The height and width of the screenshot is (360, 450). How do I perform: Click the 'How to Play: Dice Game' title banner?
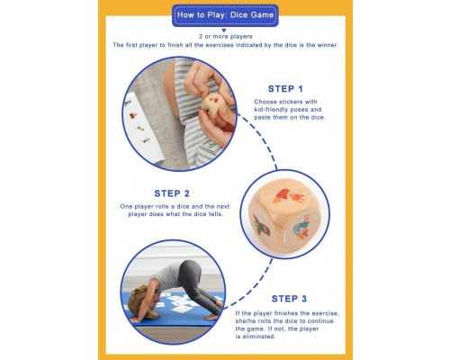(x=225, y=15)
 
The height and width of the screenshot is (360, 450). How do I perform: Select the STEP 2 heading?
(x=172, y=193)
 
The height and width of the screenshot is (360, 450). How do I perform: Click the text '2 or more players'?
(x=225, y=35)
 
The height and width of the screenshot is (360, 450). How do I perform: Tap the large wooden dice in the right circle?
(x=284, y=214)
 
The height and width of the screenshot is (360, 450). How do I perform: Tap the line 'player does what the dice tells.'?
(x=172, y=215)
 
